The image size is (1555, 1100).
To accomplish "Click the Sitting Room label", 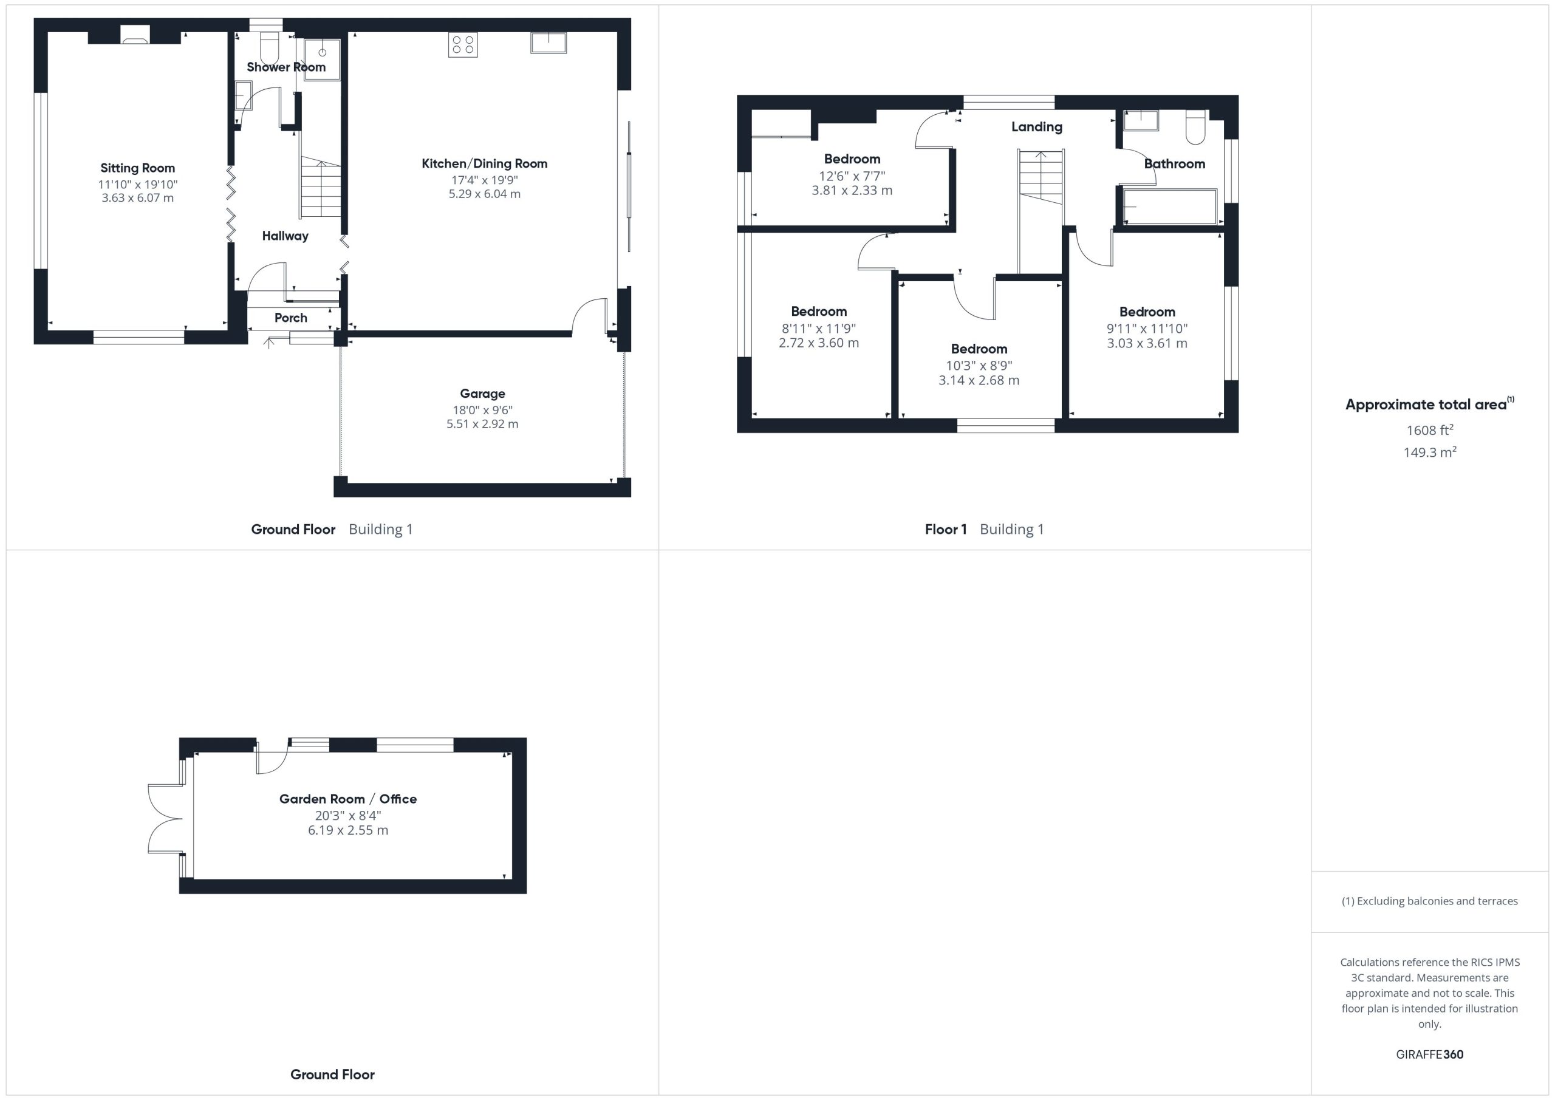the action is tap(137, 168).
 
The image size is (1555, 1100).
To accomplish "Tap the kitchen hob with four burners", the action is tap(463, 45).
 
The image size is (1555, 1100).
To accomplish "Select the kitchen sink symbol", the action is tap(549, 43).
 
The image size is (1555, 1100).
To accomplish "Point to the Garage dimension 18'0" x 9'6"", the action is tap(482, 410).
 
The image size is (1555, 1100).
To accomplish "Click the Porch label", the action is tap(290, 318).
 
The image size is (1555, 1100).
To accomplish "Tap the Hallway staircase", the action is tap(320, 187).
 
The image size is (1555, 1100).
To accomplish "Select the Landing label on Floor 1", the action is tap(1037, 127).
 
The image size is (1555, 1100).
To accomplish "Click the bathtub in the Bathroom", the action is tap(1171, 206).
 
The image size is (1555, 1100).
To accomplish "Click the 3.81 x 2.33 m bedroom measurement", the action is tap(852, 191).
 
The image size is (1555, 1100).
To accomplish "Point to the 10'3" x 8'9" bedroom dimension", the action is tap(979, 366).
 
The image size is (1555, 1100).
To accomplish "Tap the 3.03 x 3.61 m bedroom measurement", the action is tap(1147, 343).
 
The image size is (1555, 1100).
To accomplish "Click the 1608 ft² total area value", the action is tap(1430, 430).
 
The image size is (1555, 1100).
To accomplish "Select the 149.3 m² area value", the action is tap(1430, 452).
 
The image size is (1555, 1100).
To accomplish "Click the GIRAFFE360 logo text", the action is tap(1430, 1054).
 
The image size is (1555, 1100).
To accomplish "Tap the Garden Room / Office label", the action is tap(348, 799).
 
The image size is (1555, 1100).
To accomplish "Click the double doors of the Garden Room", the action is tap(166, 819).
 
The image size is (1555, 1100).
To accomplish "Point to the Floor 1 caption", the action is tap(946, 530).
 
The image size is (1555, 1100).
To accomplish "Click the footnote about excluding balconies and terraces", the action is tap(1430, 901).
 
